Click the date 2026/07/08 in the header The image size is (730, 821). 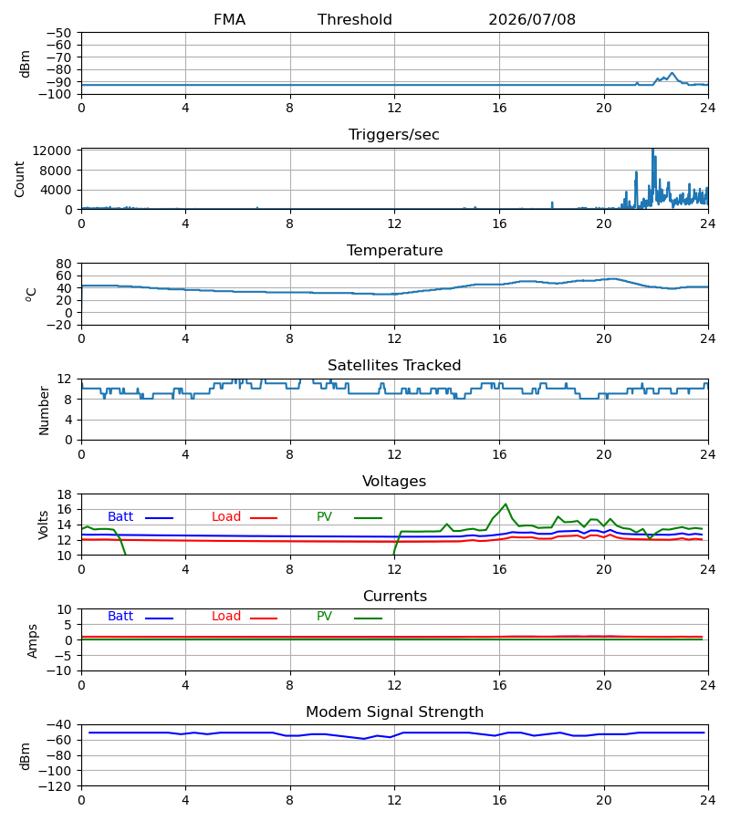click(532, 19)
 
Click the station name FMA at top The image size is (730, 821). click(229, 19)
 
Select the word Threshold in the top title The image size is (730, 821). click(355, 19)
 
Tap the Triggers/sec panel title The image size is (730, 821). click(394, 135)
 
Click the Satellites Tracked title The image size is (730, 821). click(394, 366)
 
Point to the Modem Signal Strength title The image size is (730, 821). click(394, 712)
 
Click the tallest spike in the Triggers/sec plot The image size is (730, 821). click(652, 150)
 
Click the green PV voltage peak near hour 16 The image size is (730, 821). click(506, 504)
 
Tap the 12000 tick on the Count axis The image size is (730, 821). click(52, 151)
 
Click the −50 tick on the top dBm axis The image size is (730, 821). click(58, 33)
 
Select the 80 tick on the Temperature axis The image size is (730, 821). click(64, 264)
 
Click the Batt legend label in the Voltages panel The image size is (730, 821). click(120, 517)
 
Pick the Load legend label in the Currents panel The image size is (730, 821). click(226, 617)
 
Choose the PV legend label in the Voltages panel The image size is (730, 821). click(324, 517)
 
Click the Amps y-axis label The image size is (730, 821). click(32, 640)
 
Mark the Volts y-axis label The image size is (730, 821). click(43, 525)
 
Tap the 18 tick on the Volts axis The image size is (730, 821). click(64, 494)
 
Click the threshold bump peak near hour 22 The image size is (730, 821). click(672, 73)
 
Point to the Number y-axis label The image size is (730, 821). click(44, 410)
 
